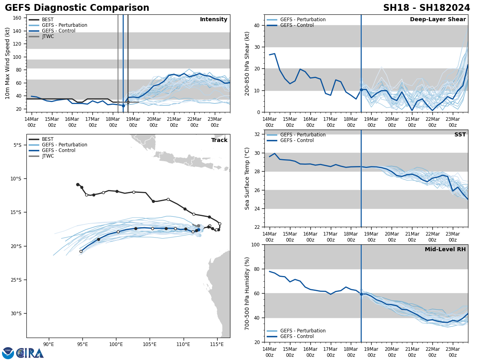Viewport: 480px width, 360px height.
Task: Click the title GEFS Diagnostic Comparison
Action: (77, 8)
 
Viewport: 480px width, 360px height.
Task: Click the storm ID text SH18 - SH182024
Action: (426, 8)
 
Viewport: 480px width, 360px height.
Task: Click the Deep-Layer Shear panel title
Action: (438, 20)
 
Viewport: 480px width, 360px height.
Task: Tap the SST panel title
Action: (460, 135)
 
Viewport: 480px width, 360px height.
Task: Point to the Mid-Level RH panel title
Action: (445, 250)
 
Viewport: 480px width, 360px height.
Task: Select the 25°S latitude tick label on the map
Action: (16, 280)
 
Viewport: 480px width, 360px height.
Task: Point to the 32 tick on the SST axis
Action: (258, 134)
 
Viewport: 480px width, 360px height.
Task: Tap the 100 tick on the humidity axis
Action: (256, 244)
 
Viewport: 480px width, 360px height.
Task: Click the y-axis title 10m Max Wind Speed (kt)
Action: (8, 63)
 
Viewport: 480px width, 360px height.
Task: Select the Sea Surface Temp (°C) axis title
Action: (247, 178)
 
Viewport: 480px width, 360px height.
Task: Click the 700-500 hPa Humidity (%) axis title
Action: (247, 293)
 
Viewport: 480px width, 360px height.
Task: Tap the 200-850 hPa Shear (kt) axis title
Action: (247, 63)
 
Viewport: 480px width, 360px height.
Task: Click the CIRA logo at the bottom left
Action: (23, 353)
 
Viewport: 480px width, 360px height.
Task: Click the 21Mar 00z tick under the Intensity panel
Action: (174, 122)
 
